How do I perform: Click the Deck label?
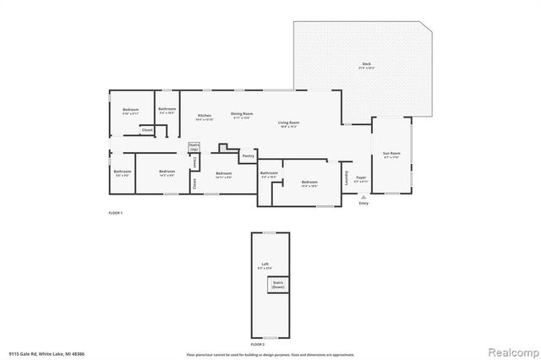tap(366, 63)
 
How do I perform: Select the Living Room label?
tap(289, 123)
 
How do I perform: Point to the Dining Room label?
tap(242, 115)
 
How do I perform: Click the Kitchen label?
tap(205, 116)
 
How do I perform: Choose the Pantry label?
tap(248, 155)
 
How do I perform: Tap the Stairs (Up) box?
tap(194, 147)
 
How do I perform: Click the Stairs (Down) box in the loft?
tap(278, 285)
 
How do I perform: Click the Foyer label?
tap(361, 177)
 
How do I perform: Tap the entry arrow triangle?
tap(363, 197)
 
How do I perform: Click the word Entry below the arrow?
tap(363, 204)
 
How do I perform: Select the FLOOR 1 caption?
tap(116, 212)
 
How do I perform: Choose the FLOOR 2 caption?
tap(258, 346)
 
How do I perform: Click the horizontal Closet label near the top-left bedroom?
tap(147, 130)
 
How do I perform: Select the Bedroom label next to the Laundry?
tap(309, 183)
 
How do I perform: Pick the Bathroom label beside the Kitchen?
tap(167, 109)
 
